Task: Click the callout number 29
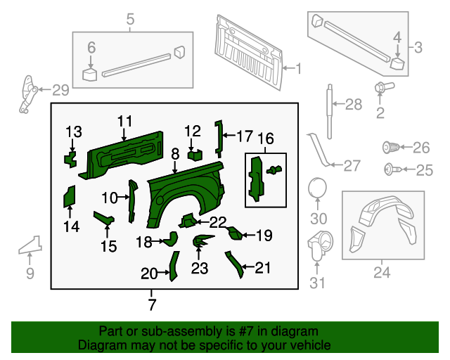60,90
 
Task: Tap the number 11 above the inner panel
124,121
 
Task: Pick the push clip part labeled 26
390,148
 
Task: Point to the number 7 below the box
152,304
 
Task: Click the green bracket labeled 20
172,266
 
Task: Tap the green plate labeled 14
70,196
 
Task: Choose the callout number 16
265,138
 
